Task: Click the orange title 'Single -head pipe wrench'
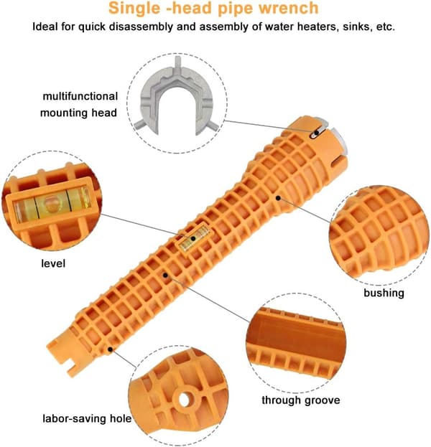213,8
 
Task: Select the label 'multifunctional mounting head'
79,104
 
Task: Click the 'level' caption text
53,263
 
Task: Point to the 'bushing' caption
384,293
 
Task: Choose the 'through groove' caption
301,400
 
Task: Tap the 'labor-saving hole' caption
87,419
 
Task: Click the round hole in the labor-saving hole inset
185,400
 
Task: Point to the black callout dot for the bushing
278,198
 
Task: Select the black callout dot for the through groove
165,275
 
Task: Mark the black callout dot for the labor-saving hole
110,349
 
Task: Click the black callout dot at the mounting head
317,133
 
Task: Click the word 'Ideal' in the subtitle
45,27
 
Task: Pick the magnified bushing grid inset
379,235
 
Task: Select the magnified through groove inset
296,343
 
